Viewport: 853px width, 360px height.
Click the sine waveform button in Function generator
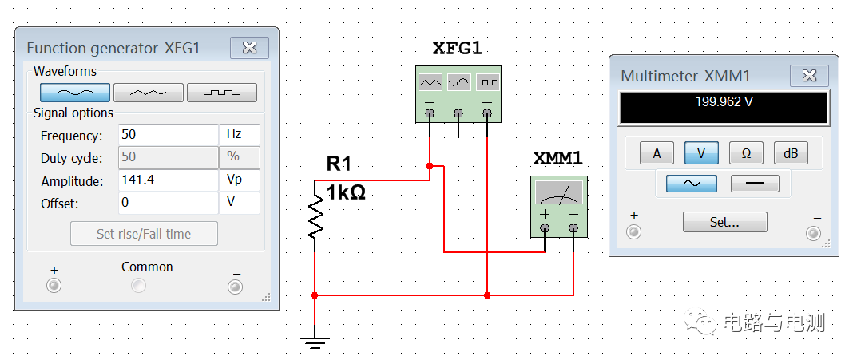76,93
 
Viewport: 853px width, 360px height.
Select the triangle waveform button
149,93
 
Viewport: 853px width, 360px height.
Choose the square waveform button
221,93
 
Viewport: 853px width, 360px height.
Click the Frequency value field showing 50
168,135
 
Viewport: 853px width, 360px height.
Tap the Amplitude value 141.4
168,180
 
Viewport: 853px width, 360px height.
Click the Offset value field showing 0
168,203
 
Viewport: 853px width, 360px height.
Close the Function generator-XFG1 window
249,48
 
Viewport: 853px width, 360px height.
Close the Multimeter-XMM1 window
809,76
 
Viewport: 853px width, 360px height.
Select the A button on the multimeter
657,153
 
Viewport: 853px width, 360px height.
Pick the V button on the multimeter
701,153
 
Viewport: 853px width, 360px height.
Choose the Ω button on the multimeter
746,153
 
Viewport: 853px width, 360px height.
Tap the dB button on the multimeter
790,153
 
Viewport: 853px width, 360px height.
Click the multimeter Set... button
724,222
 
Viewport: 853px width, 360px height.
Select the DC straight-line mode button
755,183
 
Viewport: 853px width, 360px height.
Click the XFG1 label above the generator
457,49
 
